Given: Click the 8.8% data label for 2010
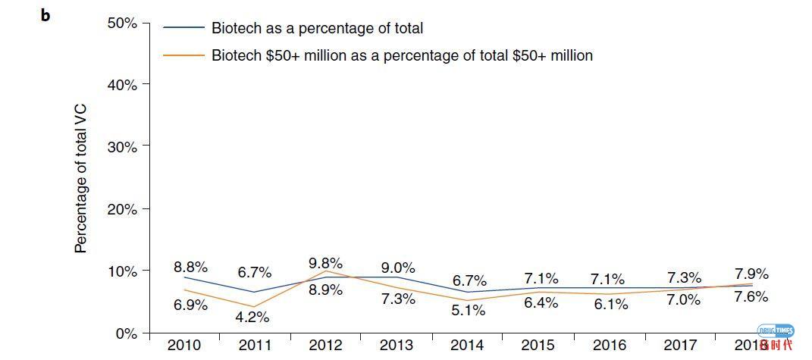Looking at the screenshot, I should tap(191, 267).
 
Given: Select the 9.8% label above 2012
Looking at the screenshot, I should tap(326, 264).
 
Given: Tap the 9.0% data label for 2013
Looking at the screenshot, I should tap(398, 268).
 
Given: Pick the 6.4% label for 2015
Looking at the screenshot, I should tap(541, 303).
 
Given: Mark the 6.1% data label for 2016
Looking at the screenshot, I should tap(610, 304).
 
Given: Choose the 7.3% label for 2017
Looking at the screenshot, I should tap(684, 277).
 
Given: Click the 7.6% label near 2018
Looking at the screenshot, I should tap(751, 296).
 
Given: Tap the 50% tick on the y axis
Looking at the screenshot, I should tap(122, 23).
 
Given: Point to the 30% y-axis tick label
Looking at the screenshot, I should tap(122, 146).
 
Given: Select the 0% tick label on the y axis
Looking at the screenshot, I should tap(126, 333).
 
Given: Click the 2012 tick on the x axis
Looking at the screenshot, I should tap(326, 346).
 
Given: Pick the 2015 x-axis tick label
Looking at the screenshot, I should tap(539, 346).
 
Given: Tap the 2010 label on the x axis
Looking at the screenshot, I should tap(184, 346).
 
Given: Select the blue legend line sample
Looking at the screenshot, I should tap(184, 28).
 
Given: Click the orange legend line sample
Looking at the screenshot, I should tap(184, 55).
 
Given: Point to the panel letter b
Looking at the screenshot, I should tap(45, 15).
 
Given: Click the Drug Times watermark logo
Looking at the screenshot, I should tap(775, 337).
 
